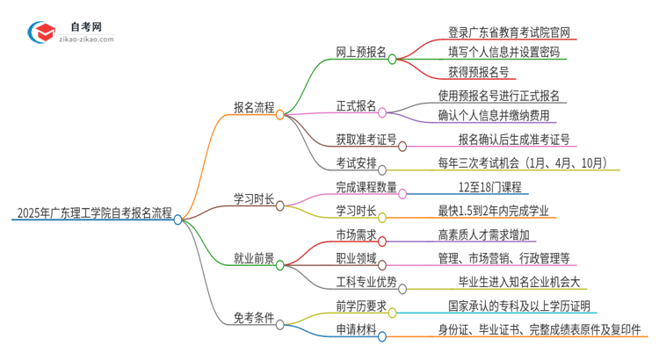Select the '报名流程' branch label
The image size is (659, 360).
coord(252,108)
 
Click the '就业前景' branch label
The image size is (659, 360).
coord(253,259)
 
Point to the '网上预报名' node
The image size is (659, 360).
coord(361,52)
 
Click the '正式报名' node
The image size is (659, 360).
coord(355,106)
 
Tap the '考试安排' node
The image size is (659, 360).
coord(355,162)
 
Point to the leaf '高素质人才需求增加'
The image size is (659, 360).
coord(495,234)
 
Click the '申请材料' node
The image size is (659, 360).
coord(354,330)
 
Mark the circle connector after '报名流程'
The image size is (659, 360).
coord(280,114)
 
